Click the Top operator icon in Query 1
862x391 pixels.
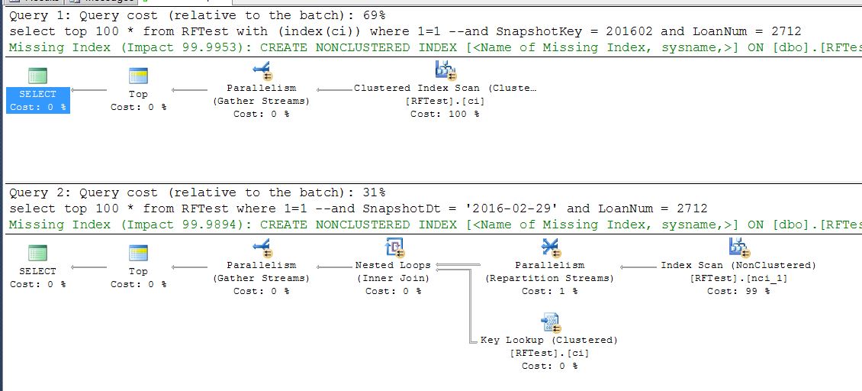138,75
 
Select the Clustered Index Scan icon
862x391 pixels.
445,70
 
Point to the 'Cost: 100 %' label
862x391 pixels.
445,114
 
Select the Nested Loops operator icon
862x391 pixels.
393,247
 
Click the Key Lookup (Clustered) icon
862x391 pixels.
549,322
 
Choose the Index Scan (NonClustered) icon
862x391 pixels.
738,247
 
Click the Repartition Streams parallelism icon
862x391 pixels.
549,247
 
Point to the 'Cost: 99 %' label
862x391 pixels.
738,291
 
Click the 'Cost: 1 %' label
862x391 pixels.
549,291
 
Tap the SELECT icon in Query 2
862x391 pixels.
37,253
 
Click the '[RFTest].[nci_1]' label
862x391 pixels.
738,278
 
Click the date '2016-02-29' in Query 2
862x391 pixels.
524,208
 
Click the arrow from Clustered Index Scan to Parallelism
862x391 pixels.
333,89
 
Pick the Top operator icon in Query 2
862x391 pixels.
138,253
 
